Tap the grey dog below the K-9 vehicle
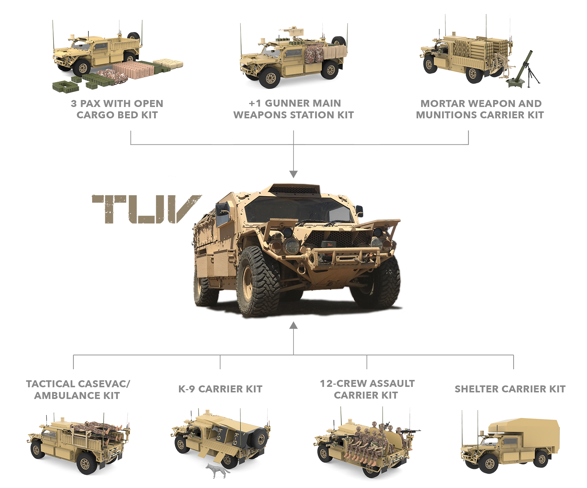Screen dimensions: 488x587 pyautogui.click(x=217, y=470)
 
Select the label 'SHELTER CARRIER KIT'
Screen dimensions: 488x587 pyautogui.click(x=510, y=389)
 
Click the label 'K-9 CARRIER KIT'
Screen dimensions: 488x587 pyautogui.click(x=220, y=389)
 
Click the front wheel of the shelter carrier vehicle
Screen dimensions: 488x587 pyautogui.click(x=490, y=464)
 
